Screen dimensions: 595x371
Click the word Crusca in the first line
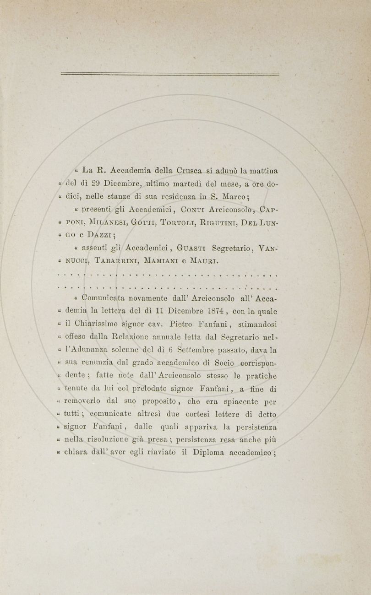tap(191, 171)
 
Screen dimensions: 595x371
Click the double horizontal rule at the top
tap(169, 74)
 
